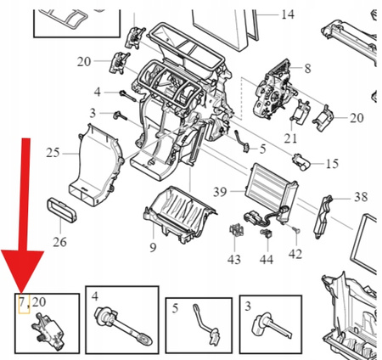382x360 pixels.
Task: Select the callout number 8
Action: tap(307, 67)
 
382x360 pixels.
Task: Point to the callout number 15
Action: tap(331, 163)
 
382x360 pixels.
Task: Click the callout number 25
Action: tap(53, 153)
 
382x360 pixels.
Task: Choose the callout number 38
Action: tap(361, 197)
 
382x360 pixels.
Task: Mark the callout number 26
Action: tap(59, 242)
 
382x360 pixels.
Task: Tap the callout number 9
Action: tap(153, 248)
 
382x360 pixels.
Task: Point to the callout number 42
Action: tap(295, 253)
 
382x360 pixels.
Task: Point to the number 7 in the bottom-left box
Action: tap(20, 301)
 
